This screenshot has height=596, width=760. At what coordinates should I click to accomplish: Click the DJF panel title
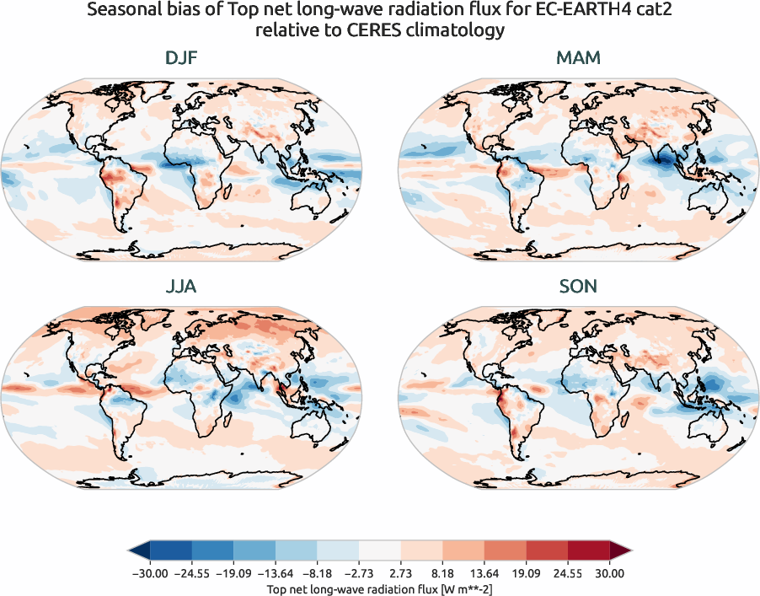tap(181, 58)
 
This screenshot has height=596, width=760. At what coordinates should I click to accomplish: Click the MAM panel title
tap(578, 58)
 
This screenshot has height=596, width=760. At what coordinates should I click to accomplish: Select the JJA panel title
tap(181, 287)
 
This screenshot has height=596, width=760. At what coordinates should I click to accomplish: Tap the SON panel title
tap(578, 287)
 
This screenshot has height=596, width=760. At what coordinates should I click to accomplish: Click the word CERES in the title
tap(337, 31)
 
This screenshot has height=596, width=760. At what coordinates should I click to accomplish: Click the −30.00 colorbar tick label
tap(150, 573)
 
